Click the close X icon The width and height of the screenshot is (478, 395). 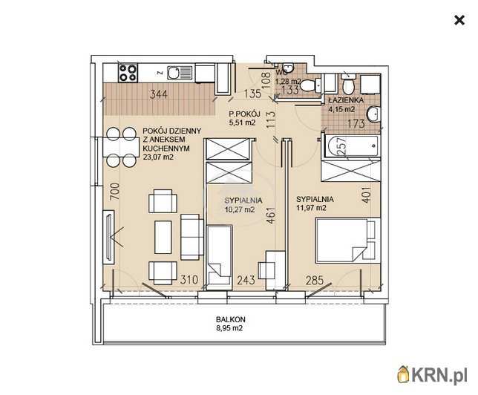[x=459, y=21]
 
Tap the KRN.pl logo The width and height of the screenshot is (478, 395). [x=432, y=373]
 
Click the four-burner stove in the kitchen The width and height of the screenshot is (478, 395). [x=128, y=73]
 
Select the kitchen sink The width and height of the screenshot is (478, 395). [x=179, y=74]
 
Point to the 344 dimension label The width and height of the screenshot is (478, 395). [x=159, y=94]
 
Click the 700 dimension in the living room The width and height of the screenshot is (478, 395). [x=114, y=192]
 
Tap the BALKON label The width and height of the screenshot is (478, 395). [x=230, y=319]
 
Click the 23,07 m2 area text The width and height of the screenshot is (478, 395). [x=158, y=157]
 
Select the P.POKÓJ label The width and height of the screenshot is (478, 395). [x=244, y=114]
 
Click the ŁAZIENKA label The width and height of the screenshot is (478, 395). [x=346, y=100]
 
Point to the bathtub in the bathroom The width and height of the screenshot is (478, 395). [x=352, y=146]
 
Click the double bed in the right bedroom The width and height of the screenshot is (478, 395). [x=348, y=240]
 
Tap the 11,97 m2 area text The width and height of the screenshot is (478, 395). [x=311, y=208]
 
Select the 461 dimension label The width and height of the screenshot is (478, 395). [x=271, y=215]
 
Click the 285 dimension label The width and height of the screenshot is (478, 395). [x=315, y=280]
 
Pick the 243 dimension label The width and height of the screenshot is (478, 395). [x=246, y=280]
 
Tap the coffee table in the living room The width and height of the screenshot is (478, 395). [x=163, y=238]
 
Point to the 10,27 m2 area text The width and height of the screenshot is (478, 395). [x=240, y=209]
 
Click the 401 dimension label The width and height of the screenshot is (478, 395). [x=367, y=195]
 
